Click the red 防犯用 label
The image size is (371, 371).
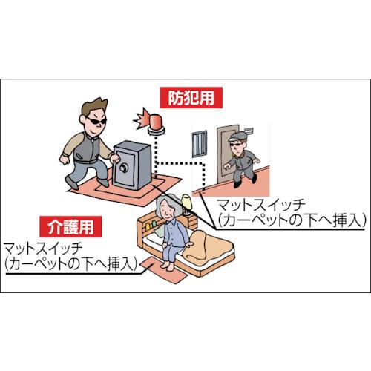[x=191, y=98]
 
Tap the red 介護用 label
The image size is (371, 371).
[x=70, y=227]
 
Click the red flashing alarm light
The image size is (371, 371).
[x=157, y=122]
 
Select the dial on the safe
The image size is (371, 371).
[x=123, y=168]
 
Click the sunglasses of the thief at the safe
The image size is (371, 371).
[x=96, y=121]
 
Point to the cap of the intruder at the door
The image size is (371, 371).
[x=237, y=137]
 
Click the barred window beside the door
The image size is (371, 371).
[x=200, y=144]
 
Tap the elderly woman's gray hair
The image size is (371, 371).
[x=165, y=201]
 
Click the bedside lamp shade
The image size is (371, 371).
[x=187, y=201]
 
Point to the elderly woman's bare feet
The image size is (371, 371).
[x=168, y=266]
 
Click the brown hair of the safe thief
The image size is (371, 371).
[x=95, y=107]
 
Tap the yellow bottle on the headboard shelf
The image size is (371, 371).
[x=148, y=226]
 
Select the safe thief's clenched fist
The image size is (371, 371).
[x=65, y=160]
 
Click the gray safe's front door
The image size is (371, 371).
[x=123, y=168]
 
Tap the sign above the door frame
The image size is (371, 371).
[x=249, y=131]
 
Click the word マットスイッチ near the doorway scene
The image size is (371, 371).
[x=261, y=206]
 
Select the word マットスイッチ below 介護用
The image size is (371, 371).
[x=43, y=249]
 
